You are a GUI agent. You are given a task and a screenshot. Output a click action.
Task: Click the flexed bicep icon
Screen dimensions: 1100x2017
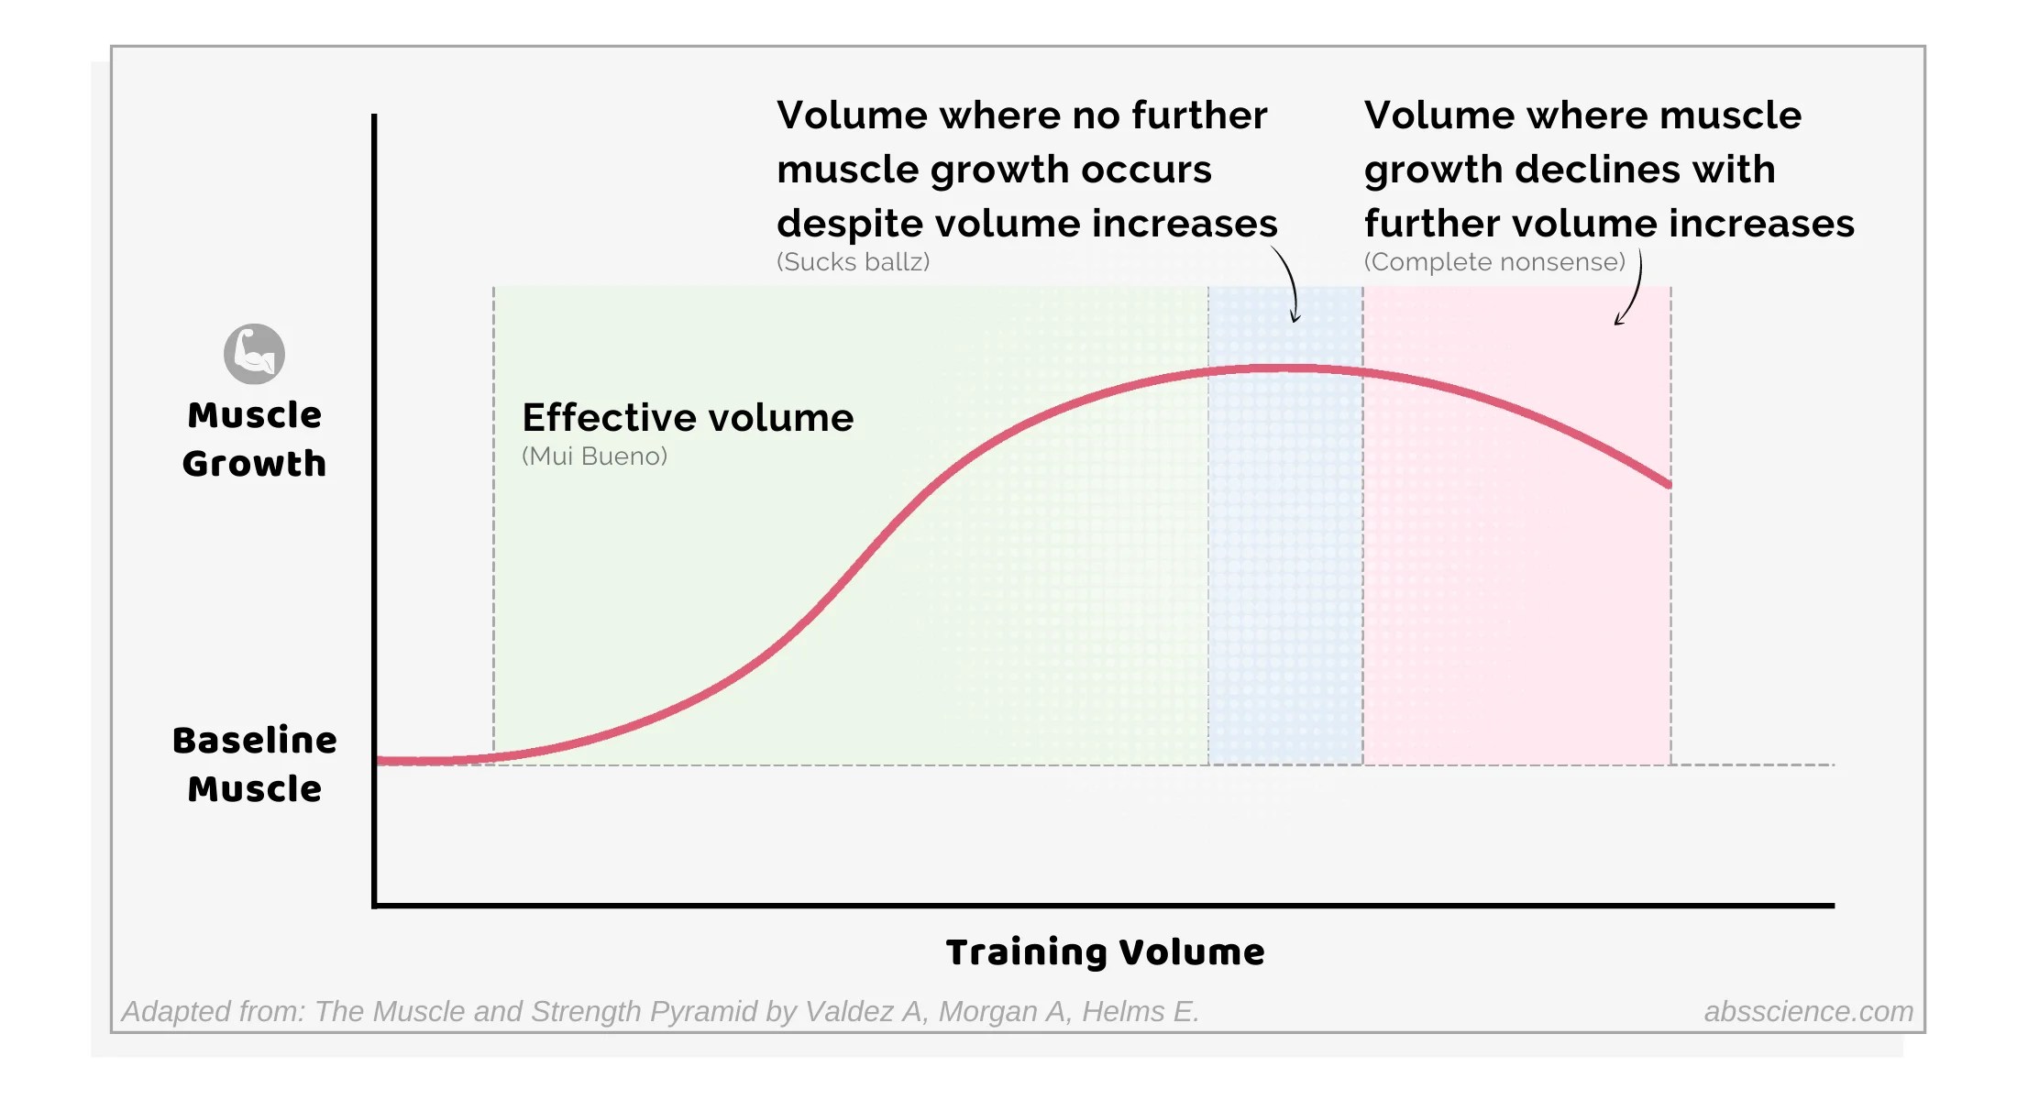[x=254, y=354]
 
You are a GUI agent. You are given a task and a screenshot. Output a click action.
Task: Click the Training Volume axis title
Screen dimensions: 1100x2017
[x=1105, y=952]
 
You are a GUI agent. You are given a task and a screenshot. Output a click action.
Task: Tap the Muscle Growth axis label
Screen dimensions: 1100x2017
[x=254, y=439]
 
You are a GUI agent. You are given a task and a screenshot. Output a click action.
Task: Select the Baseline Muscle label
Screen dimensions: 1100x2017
[x=254, y=764]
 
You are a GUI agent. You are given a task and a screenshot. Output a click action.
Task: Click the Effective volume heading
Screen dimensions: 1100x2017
[x=688, y=418]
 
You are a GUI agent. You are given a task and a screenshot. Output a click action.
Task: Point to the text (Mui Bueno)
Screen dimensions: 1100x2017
[x=594, y=456]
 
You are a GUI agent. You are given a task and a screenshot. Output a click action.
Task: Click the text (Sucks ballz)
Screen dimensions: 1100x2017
[x=853, y=262]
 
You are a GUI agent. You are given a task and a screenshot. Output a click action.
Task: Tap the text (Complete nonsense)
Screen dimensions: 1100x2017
[x=1494, y=262]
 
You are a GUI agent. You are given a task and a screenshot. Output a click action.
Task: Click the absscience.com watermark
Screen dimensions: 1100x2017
[x=1808, y=1011]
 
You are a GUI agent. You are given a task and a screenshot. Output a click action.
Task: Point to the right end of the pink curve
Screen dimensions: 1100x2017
[x=1668, y=483]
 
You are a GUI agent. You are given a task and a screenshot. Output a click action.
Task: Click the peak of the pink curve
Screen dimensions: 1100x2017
[x=1279, y=368]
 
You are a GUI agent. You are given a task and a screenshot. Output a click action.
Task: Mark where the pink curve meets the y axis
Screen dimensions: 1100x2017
[x=379, y=760]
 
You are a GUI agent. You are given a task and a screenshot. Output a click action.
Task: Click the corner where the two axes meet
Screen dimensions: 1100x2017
[x=375, y=906]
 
